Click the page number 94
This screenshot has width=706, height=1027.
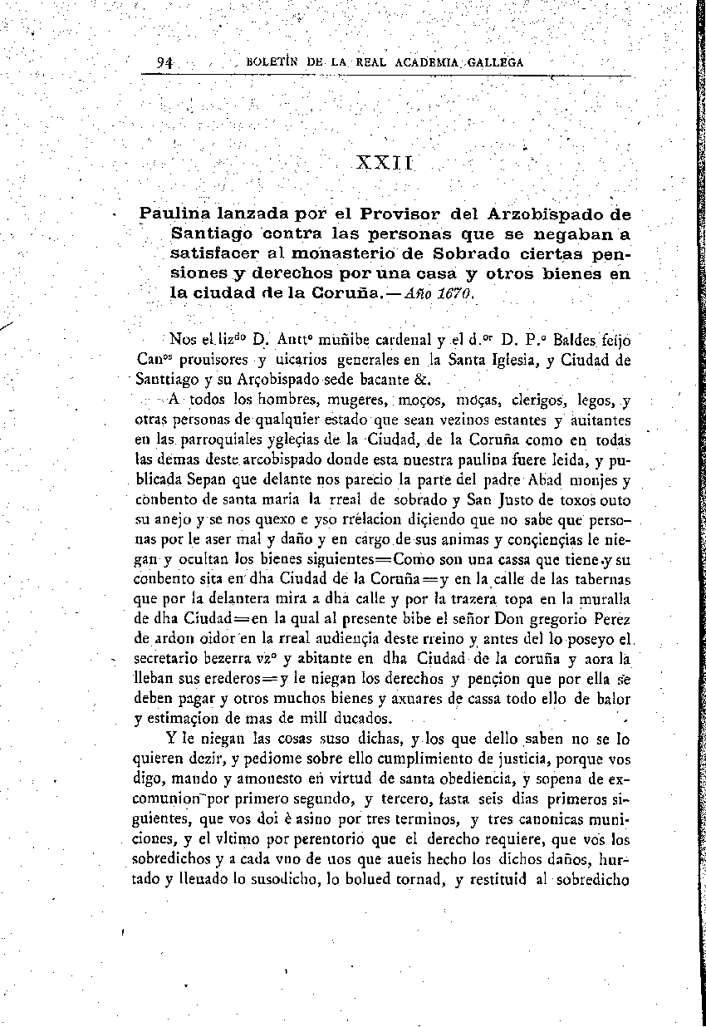[164, 62]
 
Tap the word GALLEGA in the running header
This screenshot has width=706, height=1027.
[496, 62]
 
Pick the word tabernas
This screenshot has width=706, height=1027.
[602, 578]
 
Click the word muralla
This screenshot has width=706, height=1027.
[604, 598]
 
